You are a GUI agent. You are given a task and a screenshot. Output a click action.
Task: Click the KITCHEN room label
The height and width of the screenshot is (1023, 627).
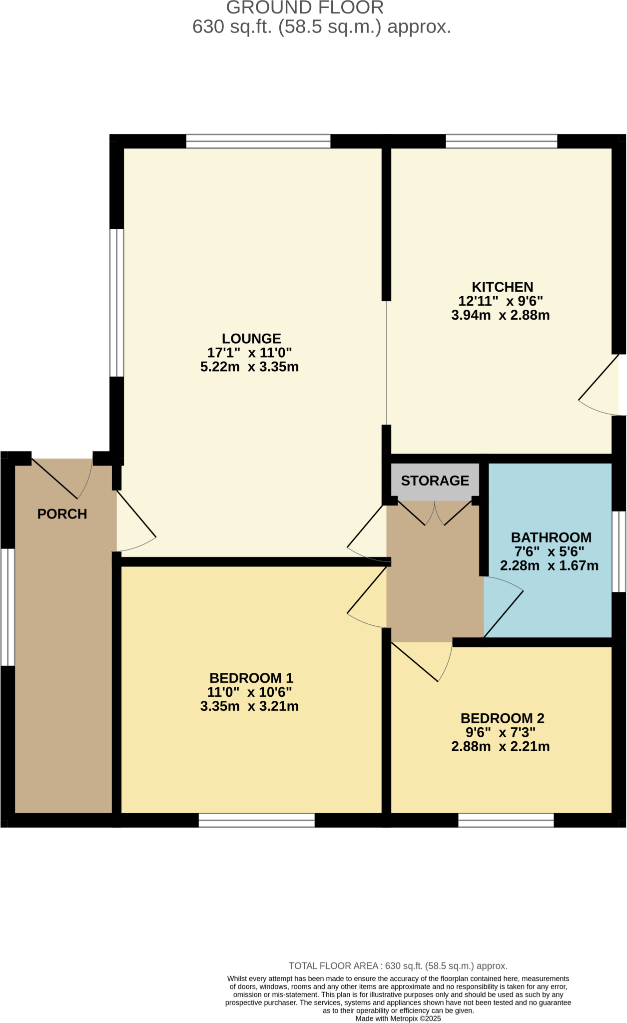pyautogui.click(x=502, y=287)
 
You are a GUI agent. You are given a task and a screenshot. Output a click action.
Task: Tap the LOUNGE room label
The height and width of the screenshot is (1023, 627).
pyautogui.click(x=251, y=339)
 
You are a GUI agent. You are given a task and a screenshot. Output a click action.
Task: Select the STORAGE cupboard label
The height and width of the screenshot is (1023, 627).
pyautogui.click(x=435, y=481)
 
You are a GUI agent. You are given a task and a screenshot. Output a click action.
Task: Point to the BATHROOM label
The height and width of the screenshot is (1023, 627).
pyautogui.click(x=551, y=537)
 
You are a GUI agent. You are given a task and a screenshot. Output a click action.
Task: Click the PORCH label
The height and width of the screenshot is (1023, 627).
pyautogui.click(x=62, y=514)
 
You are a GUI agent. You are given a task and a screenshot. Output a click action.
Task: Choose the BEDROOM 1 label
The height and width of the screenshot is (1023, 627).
pyautogui.click(x=251, y=678)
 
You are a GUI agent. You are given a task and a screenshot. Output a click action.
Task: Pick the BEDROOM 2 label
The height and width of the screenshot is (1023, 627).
pyautogui.click(x=502, y=718)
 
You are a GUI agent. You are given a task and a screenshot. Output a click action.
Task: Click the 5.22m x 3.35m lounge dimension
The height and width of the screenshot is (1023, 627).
pyautogui.click(x=249, y=367)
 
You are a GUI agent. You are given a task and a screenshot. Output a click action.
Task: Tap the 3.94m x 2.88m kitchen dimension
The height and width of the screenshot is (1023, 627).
pyautogui.click(x=500, y=315)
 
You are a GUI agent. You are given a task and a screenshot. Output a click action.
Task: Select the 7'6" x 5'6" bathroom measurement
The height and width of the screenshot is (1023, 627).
pyautogui.click(x=549, y=551)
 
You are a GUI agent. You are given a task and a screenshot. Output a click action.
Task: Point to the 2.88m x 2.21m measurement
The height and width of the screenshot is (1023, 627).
pyautogui.click(x=500, y=746)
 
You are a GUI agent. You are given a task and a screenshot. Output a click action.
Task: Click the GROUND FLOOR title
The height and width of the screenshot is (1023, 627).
pyautogui.click(x=305, y=8)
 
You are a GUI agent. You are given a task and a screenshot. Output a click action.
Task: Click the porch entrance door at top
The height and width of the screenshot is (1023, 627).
pyautogui.click(x=62, y=477)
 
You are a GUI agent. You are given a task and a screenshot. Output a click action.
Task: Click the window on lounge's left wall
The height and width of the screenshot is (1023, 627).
pyautogui.click(x=116, y=303)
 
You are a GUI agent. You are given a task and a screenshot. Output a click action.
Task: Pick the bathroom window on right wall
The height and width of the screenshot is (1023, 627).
pyautogui.click(x=619, y=551)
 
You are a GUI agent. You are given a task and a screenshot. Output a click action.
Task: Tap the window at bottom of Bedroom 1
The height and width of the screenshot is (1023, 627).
pyautogui.click(x=256, y=820)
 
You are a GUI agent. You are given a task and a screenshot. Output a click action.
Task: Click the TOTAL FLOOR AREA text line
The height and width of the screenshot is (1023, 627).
pyautogui.click(x=398, y=966)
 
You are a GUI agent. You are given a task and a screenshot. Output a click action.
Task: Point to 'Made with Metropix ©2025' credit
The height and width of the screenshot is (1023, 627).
pyautogui.click(x=398, y=1018)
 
